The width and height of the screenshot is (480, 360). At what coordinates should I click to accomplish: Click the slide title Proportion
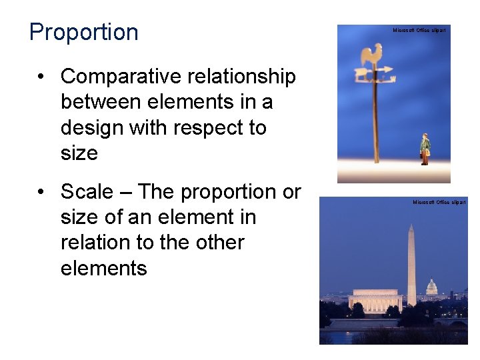(x=84, y=32)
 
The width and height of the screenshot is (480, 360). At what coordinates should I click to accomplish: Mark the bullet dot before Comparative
(x=42, y=77)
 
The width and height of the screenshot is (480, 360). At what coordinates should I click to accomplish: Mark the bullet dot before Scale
(x=42, y=192)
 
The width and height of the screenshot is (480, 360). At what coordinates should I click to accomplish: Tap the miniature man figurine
(x=425, y=148)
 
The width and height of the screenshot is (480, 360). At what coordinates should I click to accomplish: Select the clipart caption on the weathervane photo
(x=419, y=31)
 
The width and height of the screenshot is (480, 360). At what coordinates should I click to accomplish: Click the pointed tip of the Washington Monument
(x=411, y=225)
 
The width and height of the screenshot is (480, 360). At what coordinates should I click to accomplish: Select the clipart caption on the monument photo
(x=439, y=202)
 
